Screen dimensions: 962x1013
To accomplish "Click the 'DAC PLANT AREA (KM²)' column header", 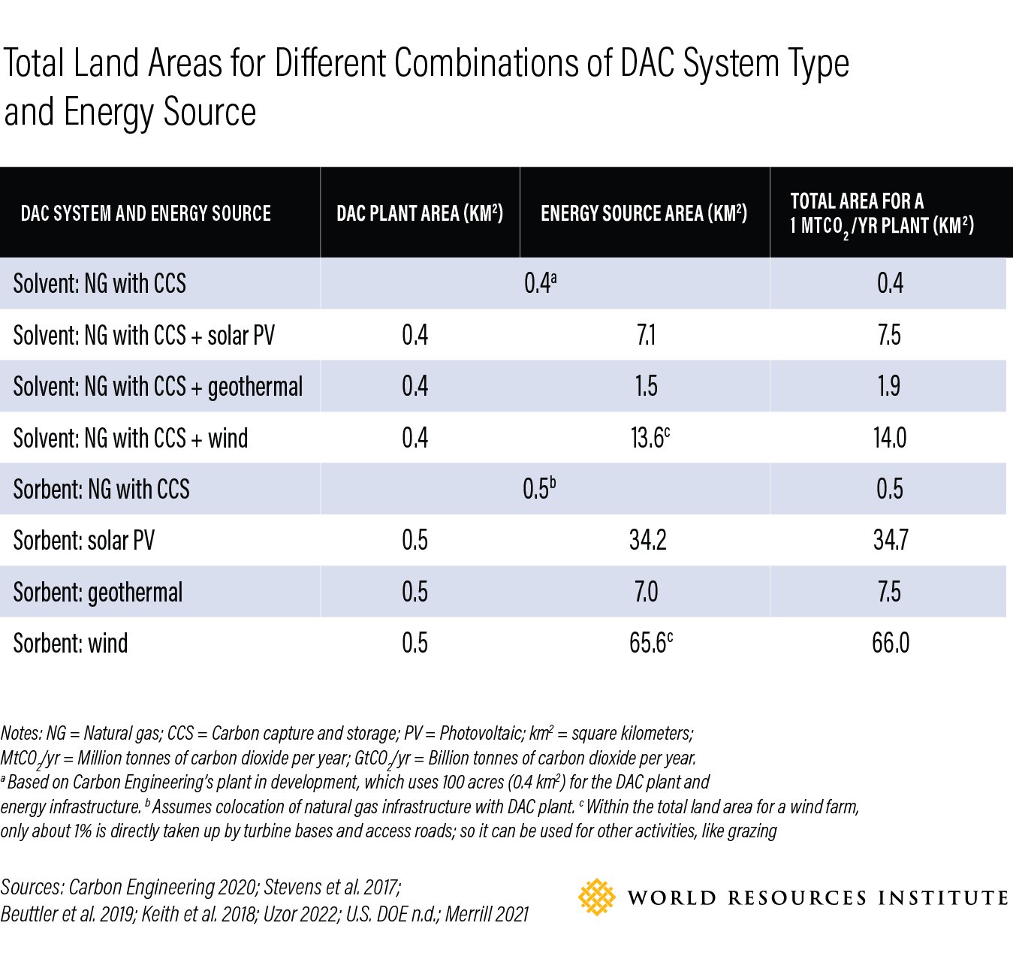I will click(x=419, y=213).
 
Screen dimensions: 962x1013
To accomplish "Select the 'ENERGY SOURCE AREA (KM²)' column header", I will click(x=644, y=213).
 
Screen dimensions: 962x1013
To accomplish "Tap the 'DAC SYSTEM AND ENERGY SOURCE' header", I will click(x=146, y=213).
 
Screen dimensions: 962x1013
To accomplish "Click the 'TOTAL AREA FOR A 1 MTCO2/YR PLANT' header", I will click(x=882, y=213).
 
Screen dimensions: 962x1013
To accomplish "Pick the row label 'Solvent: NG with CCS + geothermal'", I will click(x=158, y=387).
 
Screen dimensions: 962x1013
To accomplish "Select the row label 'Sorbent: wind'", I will click(x=71, y=644).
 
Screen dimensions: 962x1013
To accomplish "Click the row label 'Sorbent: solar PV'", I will click(x=83, y=541).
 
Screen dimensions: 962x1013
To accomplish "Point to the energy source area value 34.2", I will click(x=647, y=541).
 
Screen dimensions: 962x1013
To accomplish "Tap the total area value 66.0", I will click(x=890, y=644).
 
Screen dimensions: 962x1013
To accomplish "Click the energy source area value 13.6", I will click(x=649, y=438).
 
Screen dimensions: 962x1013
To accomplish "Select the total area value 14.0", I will click(x=889, y=438).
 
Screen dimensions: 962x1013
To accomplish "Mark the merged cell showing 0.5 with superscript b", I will click(x=538, y=489).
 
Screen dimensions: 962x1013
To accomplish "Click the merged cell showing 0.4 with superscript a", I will click(x=539, y=283).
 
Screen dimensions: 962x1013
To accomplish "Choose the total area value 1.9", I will click(x=889, y=387).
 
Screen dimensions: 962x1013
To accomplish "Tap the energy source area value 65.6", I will click(x=650, y=644).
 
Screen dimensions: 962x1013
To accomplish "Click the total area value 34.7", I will click(x=890, y=541).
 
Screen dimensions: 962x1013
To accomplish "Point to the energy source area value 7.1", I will click(x=646, y=335).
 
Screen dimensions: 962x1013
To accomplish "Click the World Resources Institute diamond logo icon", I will click(x=596, y=897).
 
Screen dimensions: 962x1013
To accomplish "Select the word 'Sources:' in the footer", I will click(x=32, y=888).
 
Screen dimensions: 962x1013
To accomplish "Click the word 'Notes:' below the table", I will click(x=21, y=734).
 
